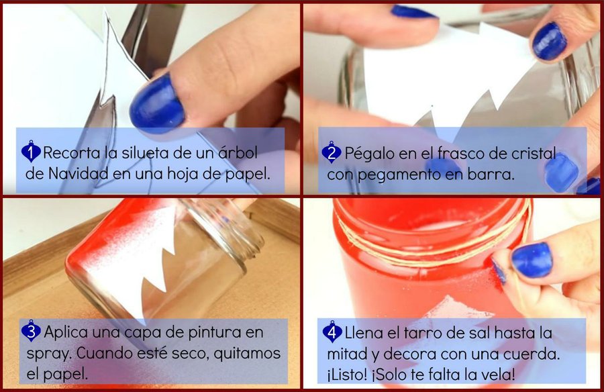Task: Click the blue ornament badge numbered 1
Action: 31,151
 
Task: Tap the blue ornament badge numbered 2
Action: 332,152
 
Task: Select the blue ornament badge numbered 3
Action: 31,331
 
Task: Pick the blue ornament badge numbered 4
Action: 332,332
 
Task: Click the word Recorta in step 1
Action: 72,153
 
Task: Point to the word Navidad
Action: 79,174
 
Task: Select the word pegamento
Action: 399,175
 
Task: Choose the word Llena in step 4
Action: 364,333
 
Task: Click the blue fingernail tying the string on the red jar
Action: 532,259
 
